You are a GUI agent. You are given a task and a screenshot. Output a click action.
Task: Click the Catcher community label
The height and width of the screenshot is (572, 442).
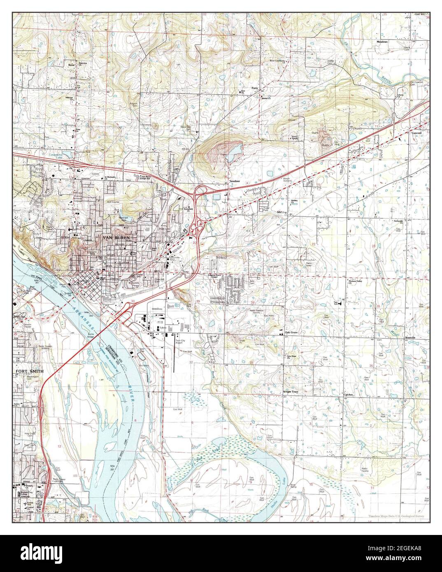tap(349, 395)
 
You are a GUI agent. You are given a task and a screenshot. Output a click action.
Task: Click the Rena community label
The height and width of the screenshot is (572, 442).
tap(72, 65)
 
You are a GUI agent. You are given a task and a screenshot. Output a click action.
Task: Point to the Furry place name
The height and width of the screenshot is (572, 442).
tap(255, 88)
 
